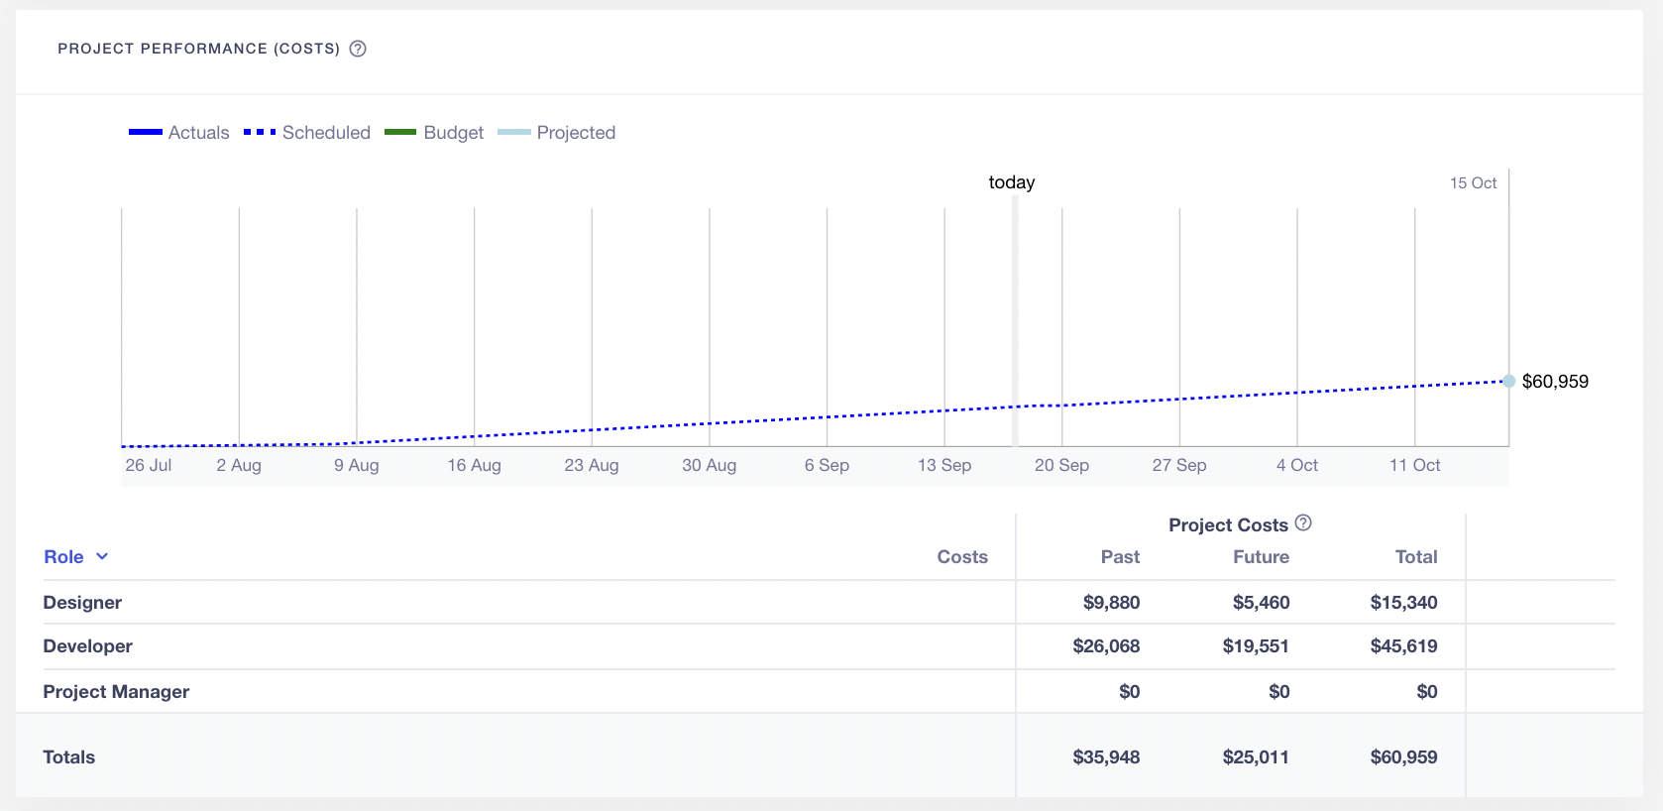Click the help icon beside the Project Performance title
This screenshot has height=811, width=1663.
coord(358,49)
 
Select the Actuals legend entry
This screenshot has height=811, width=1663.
coord(179,133)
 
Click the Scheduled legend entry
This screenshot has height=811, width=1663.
coord(307,133)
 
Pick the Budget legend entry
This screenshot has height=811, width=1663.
coord(434,133)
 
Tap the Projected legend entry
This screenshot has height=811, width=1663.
coord(556,133)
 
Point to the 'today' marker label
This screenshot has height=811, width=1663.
coord(1011,182)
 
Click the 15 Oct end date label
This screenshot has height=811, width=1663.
coord(1473,183)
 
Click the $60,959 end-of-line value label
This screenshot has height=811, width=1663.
coord(1554,382)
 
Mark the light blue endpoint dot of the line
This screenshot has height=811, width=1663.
coord(1508,381)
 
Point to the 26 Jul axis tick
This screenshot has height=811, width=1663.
coord(149,465)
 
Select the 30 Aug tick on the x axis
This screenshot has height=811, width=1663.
coord(709,465)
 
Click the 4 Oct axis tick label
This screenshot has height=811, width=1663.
coord(1296,465)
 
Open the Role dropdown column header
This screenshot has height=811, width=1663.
coord(75,557)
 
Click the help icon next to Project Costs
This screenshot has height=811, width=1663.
coord(1303,522)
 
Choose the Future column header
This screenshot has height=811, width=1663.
coord(1261,557)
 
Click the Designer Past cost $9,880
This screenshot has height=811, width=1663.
coord(1111,603)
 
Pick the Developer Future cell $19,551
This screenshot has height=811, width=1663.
coord(1255,646)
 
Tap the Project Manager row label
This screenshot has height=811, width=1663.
coord(116,692)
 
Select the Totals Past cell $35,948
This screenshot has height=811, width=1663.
coord(1106,757)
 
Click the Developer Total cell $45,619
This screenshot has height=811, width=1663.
coord(1403,646)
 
